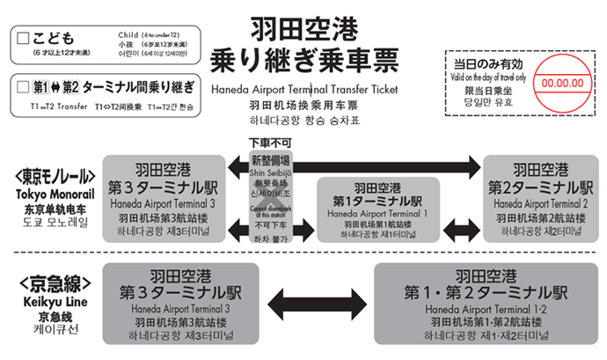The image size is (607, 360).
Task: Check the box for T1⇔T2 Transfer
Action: pyautogui.click(x=21, y=86)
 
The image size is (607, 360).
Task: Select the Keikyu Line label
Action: pyautogui.click(x=55, y=298)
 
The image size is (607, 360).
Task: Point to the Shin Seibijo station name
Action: pyautogui.click(x=270, y=173)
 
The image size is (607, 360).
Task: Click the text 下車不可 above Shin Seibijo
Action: pyautogui.click(x=270, y=143)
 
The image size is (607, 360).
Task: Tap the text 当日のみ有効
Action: pyautogui.click(x=487, y=64)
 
